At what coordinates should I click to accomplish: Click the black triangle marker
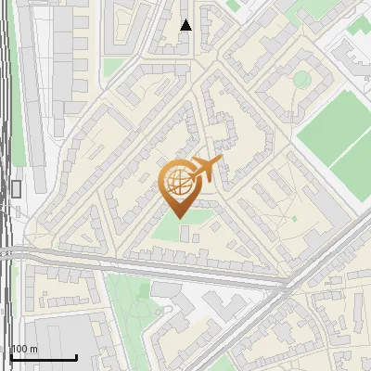(186, 25)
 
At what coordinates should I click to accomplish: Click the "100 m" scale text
(24, 349)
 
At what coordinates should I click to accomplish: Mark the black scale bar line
(43, 358)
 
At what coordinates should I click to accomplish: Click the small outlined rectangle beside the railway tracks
(17, 189)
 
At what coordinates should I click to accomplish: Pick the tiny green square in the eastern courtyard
(294, 218)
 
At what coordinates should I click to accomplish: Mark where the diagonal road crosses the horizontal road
(283, 285)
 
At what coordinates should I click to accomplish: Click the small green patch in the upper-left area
(113, 68)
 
